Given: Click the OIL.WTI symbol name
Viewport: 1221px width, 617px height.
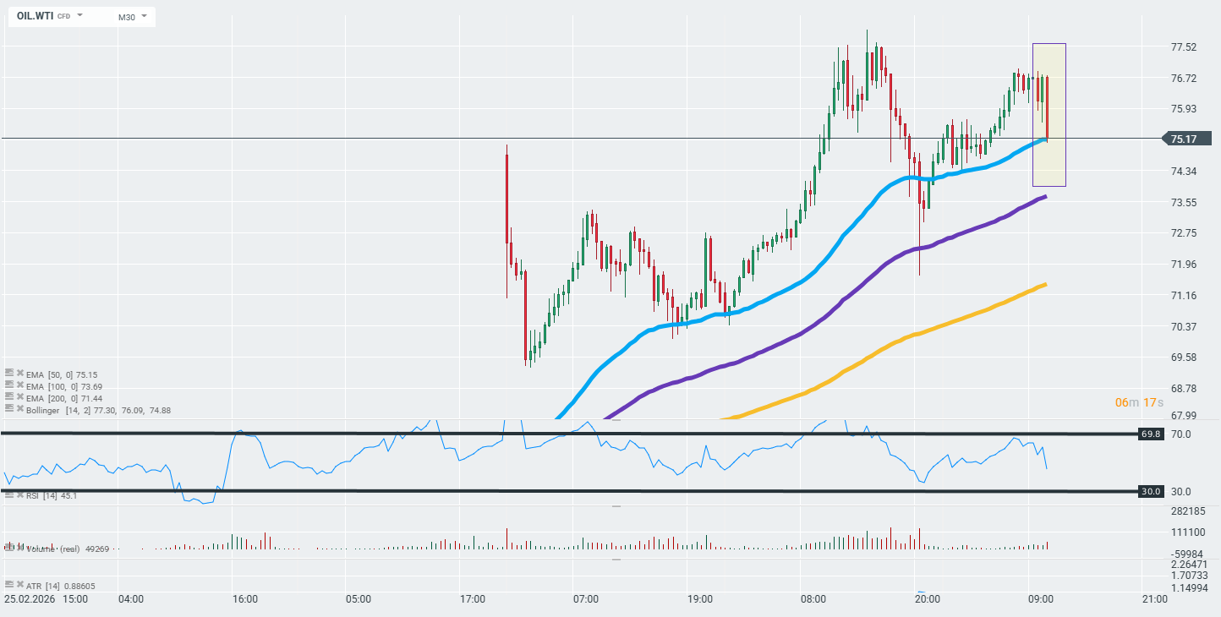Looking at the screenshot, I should tap(34, 16).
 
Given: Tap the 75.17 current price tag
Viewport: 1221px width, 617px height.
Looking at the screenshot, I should tap(1188, 139).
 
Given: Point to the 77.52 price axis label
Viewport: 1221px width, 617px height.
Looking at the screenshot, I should tap(1183, 47).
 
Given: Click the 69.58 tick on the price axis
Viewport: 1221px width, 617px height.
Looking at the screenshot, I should tap(1183, 358).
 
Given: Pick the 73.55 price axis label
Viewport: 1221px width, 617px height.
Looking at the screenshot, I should tap(1183, 202).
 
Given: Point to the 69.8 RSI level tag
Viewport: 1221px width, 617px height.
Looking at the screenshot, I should tap(1150, 434).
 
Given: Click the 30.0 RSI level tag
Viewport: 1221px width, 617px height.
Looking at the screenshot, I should tap(1150, 491).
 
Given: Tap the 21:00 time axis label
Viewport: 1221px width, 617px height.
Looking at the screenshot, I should tap(1154, 599).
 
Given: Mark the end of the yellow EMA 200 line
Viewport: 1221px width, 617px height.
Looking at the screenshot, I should tap(1046, 284).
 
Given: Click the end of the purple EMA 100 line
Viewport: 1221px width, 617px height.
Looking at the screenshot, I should tap(1046, 196).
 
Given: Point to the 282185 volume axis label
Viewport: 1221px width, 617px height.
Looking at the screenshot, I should tap(1188, 511).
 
